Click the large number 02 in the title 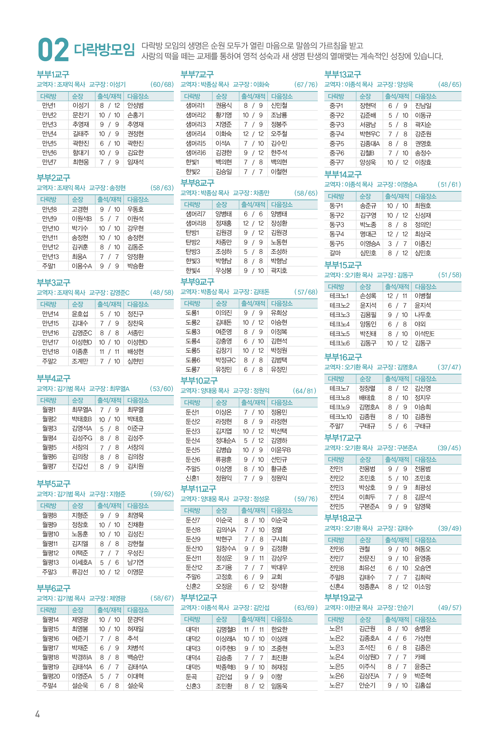53,50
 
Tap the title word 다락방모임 104,49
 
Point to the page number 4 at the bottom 37,714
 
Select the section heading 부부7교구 197,75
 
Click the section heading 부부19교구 343,597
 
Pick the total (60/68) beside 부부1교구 162,85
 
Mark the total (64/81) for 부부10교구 304,391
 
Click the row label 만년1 49,105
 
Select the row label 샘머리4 195,134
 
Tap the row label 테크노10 340,417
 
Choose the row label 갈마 335,253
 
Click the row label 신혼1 192,478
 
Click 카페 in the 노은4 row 420,657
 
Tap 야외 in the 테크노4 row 420,324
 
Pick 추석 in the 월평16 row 133,639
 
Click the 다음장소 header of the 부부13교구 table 426,96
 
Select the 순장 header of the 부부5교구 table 78,505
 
